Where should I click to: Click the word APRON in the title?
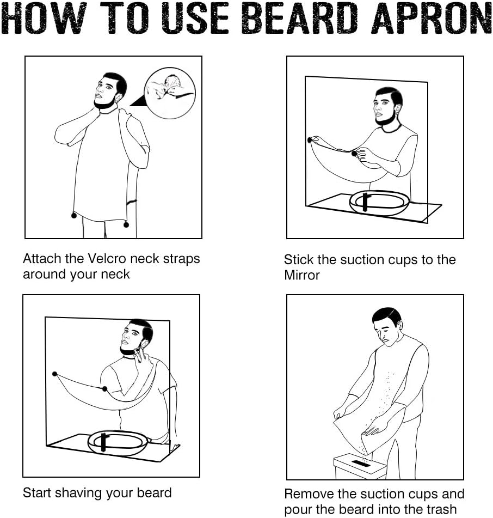click(433, 19)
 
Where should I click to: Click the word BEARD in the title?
click(300, 19)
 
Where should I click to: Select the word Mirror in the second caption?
click(302, 275)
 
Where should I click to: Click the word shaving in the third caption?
click(78, 493)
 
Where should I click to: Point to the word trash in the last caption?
click(440, 509)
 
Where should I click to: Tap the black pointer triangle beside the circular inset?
click(138, 101)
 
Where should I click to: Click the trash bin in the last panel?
click(360, 466)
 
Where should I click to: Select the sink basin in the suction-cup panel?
click(379, 203)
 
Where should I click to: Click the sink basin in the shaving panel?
click(118, 443)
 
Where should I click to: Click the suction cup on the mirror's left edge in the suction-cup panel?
click(310, 140)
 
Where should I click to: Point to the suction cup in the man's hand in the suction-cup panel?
click(354, 153)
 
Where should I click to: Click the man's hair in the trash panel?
click(387, 315)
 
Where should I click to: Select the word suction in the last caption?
click(384, 494)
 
